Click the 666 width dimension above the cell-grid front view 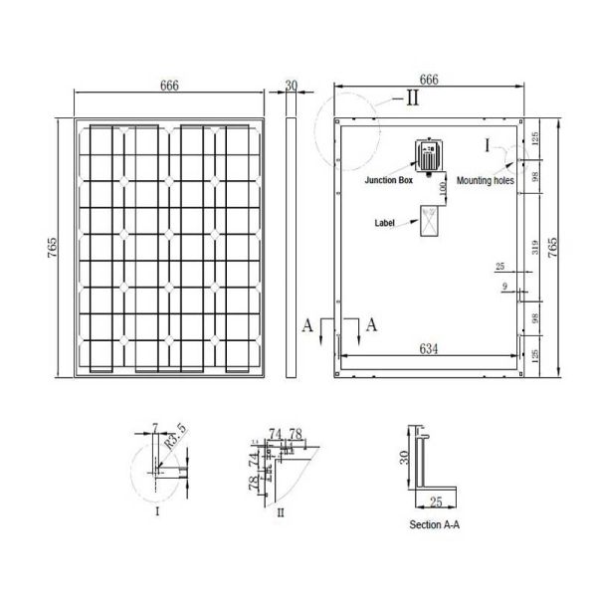coord(169,87)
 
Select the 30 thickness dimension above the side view coord(292,87)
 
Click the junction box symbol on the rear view coord(428,156)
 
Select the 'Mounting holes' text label coord(486,183)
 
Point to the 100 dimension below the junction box coord(438,189)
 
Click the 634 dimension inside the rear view coord(429,348)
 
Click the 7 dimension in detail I coord(154,427)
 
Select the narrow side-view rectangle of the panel coord(292,249)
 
